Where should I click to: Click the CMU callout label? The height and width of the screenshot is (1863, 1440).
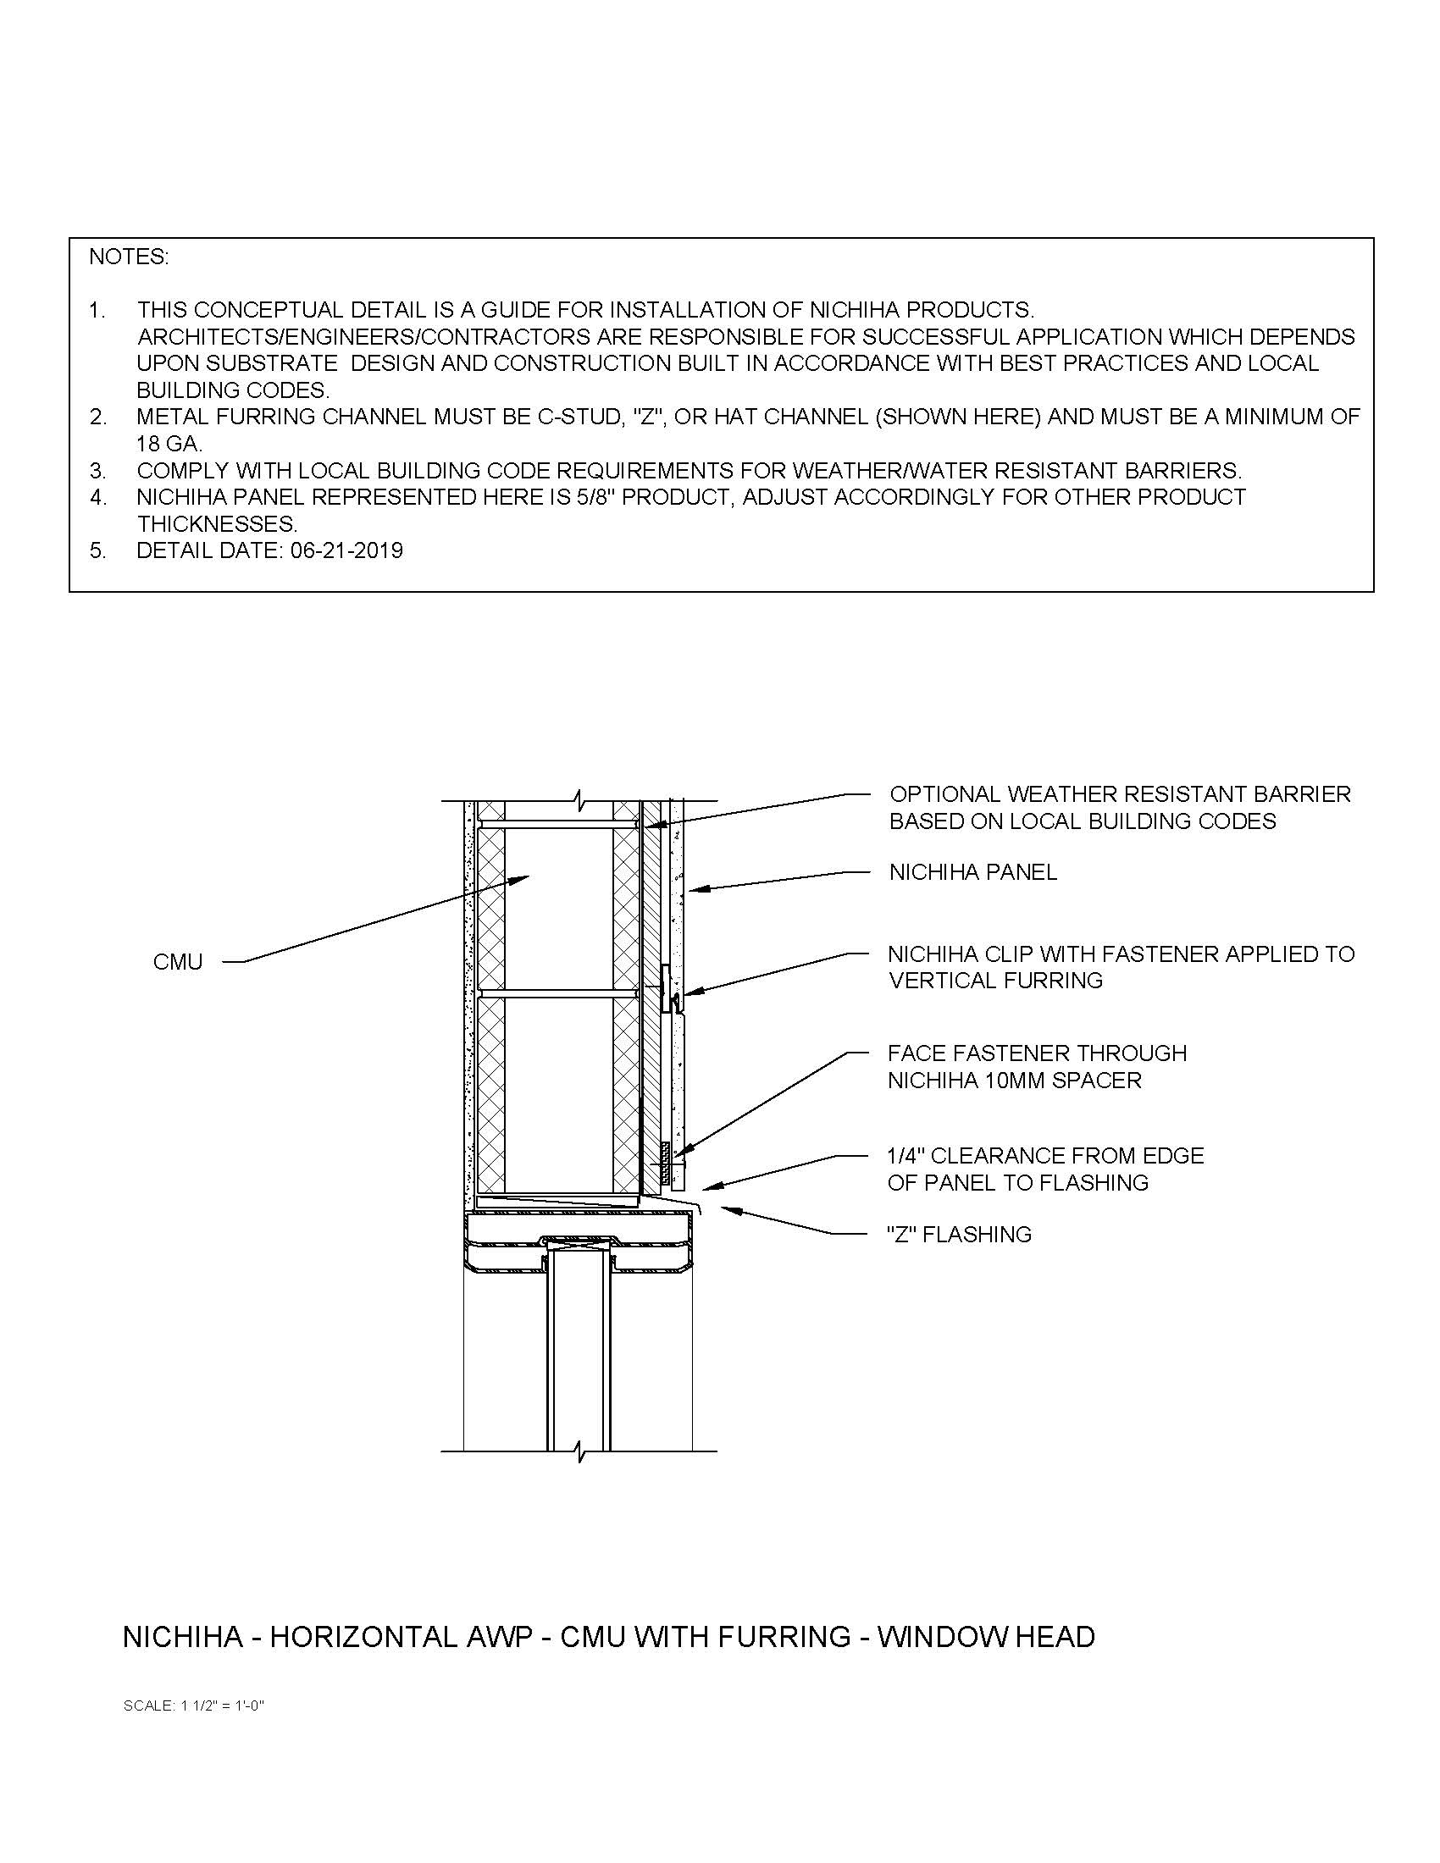click(x=177, y=962)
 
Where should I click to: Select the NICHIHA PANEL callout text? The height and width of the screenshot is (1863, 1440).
click(x=972, y=872)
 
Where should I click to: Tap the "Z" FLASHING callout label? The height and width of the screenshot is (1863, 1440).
click(x=959, y=1235)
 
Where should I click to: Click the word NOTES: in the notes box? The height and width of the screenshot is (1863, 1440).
click(x=129, y=257)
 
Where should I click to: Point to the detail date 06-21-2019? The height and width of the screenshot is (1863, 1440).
click(x=346, y=550)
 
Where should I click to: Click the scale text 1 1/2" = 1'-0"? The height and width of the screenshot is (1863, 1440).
click(x=222, y=1705)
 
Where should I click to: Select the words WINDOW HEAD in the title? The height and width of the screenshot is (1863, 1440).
click(x=985, y=1637)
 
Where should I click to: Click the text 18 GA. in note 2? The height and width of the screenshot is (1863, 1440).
click(x=169, y=444)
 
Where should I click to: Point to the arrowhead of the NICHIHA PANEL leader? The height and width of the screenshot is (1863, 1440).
click(x=693, y=890)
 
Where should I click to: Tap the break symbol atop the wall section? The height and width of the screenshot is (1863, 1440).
click(x=580, y=802)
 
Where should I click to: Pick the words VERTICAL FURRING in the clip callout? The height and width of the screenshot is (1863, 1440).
click(x=995, y=981)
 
